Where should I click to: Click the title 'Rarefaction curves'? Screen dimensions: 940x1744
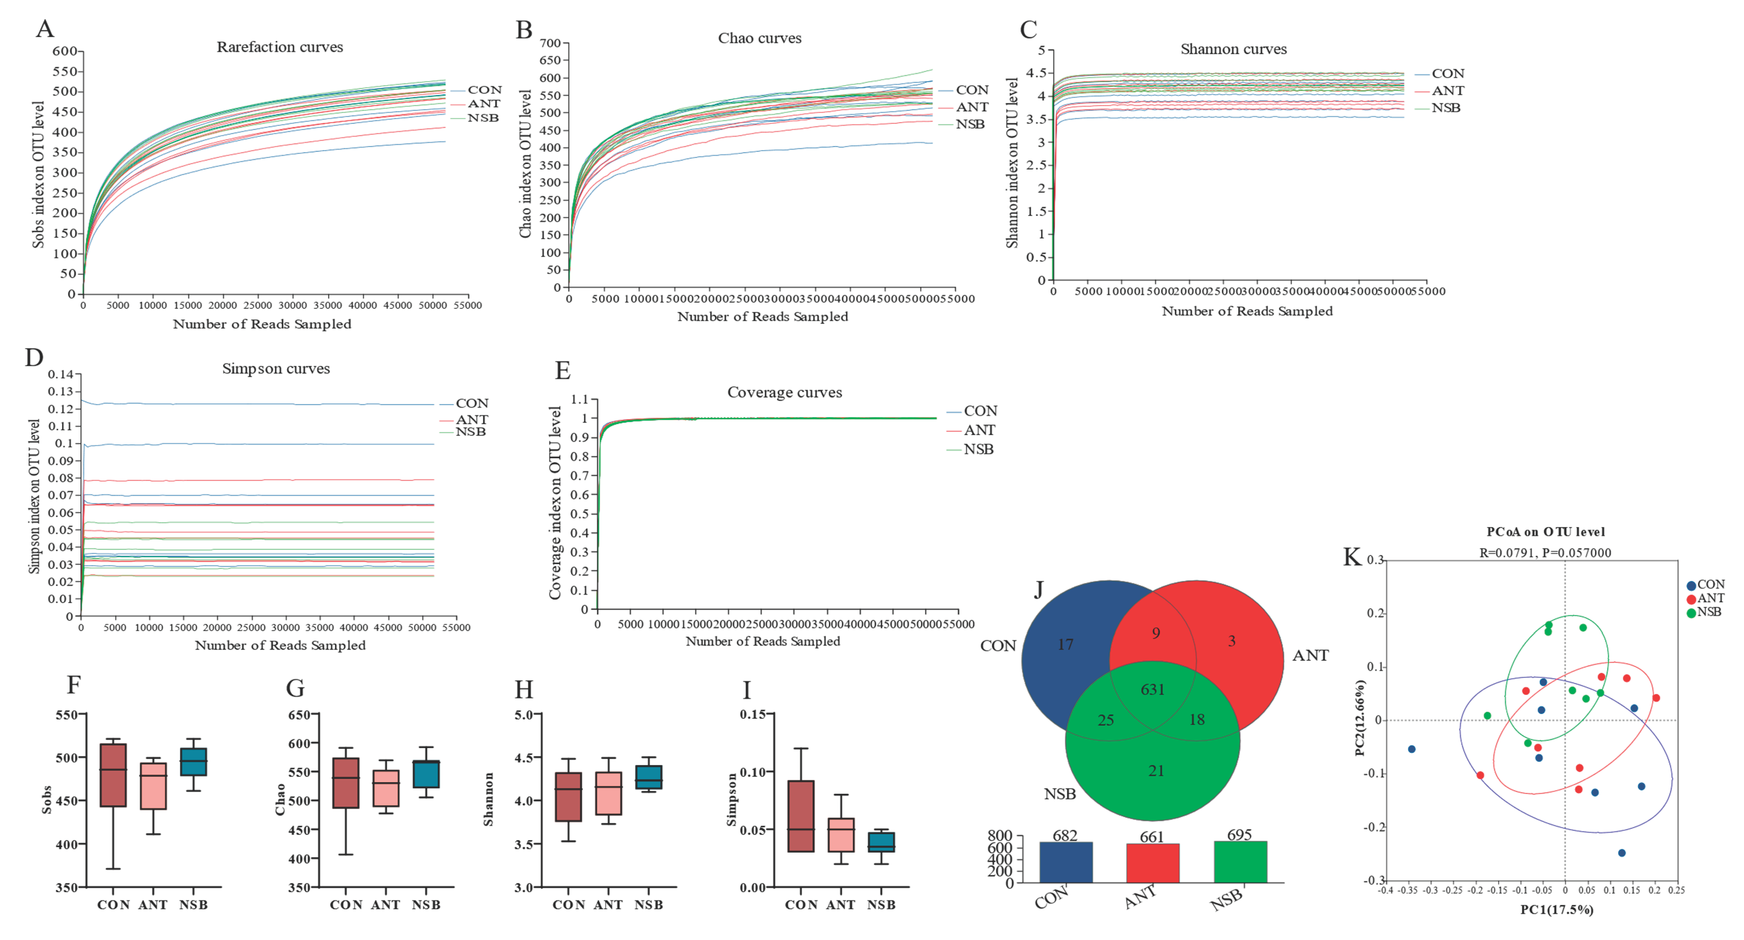click(x=280, y=47)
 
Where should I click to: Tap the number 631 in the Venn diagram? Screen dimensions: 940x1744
click(x=1152, y=689)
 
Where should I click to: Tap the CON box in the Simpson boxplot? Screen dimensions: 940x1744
click(x=801, y=816)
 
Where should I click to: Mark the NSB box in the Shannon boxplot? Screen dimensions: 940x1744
click(x=649, y=777)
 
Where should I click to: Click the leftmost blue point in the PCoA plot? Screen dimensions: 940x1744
click(x=1412, y=749)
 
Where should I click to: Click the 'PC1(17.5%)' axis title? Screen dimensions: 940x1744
click(x=1557, y=910)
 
